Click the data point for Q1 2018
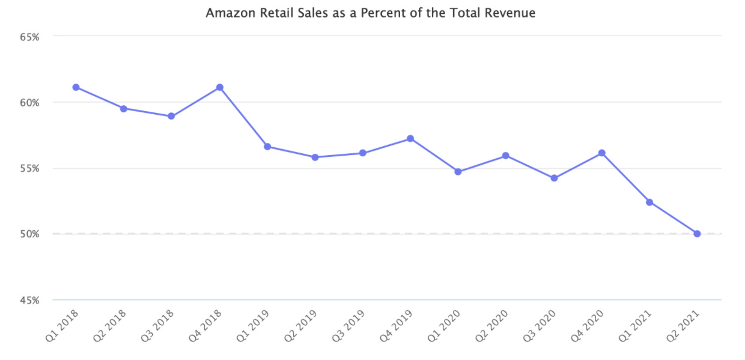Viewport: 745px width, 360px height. click(76, 87)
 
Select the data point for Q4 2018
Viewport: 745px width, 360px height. click(219, 87)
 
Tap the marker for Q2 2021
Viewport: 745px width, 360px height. click(697, 234)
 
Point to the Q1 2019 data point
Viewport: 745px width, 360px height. click(267, 147)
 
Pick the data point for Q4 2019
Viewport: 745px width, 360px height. click(410, 138)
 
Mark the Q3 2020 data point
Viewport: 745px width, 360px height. click(554, 178)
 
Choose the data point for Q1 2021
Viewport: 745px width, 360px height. click(649, 202)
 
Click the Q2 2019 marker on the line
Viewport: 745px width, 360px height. click(315, 157)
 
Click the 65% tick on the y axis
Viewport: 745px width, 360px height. click(29, 37)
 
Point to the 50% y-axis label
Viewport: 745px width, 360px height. click(29, 234)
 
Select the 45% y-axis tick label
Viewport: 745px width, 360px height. click(29, 300)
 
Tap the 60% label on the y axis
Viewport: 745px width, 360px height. click(29, 102)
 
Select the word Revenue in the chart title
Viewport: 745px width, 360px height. click(513, 13)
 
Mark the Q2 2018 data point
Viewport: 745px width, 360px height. click(124, 109)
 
